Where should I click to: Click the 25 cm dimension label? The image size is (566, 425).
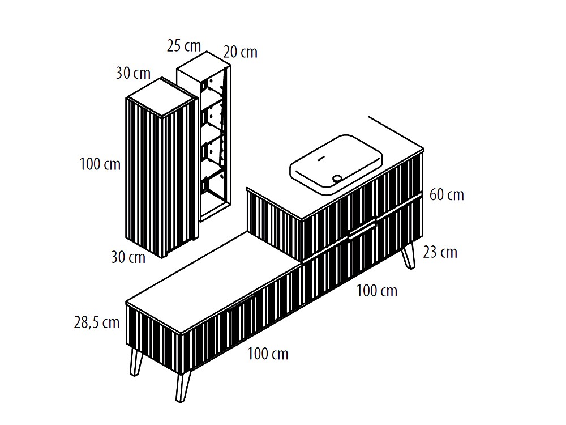(x=184, y=46)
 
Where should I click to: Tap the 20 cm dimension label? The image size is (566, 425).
(x=240, y=52)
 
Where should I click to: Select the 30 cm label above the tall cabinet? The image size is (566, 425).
(x=133, y=73)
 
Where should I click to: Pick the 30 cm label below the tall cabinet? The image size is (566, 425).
(x=128, y=257)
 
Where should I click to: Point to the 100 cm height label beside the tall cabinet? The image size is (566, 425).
(x=100, y=164)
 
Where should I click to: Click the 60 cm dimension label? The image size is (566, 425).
(x=447, y=194)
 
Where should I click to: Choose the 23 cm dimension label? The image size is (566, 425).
(x=440, y=252)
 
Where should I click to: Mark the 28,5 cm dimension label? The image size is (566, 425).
(x=97, y=322)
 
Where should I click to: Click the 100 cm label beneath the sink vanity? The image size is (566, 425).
(x=377, y=291)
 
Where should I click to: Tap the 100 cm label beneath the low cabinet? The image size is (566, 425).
(x=268, y=354)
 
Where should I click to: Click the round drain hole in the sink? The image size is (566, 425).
(x=337, y=178)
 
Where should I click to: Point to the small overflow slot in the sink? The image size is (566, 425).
(x=321, y=158)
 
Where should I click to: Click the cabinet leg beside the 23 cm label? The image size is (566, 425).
(x=409, y=256)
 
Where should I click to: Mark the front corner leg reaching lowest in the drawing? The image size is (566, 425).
(x=183, y=387)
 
